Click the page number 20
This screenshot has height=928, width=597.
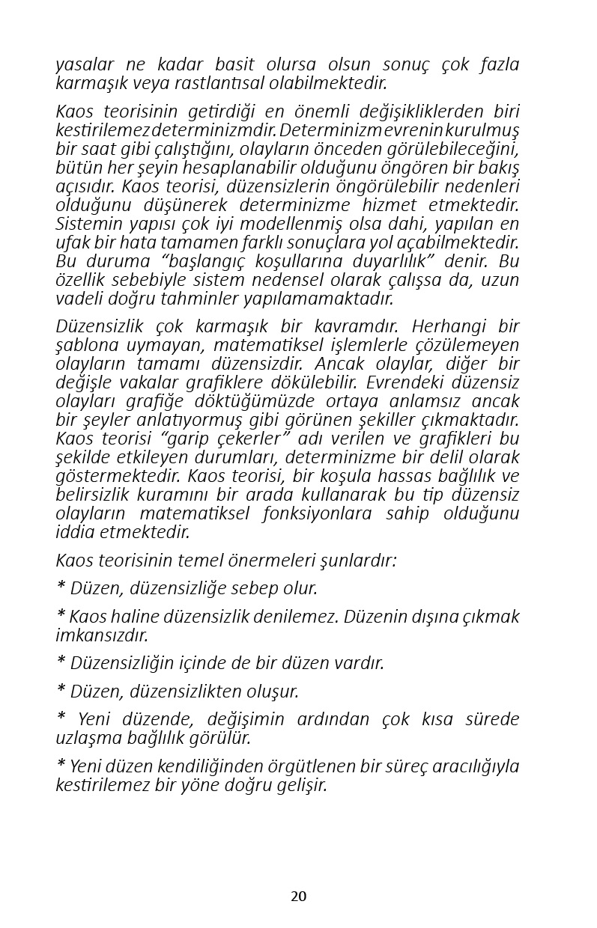[298, 897]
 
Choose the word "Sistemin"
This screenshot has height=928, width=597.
[84, 224]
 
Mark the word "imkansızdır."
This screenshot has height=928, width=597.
[102, 635]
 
